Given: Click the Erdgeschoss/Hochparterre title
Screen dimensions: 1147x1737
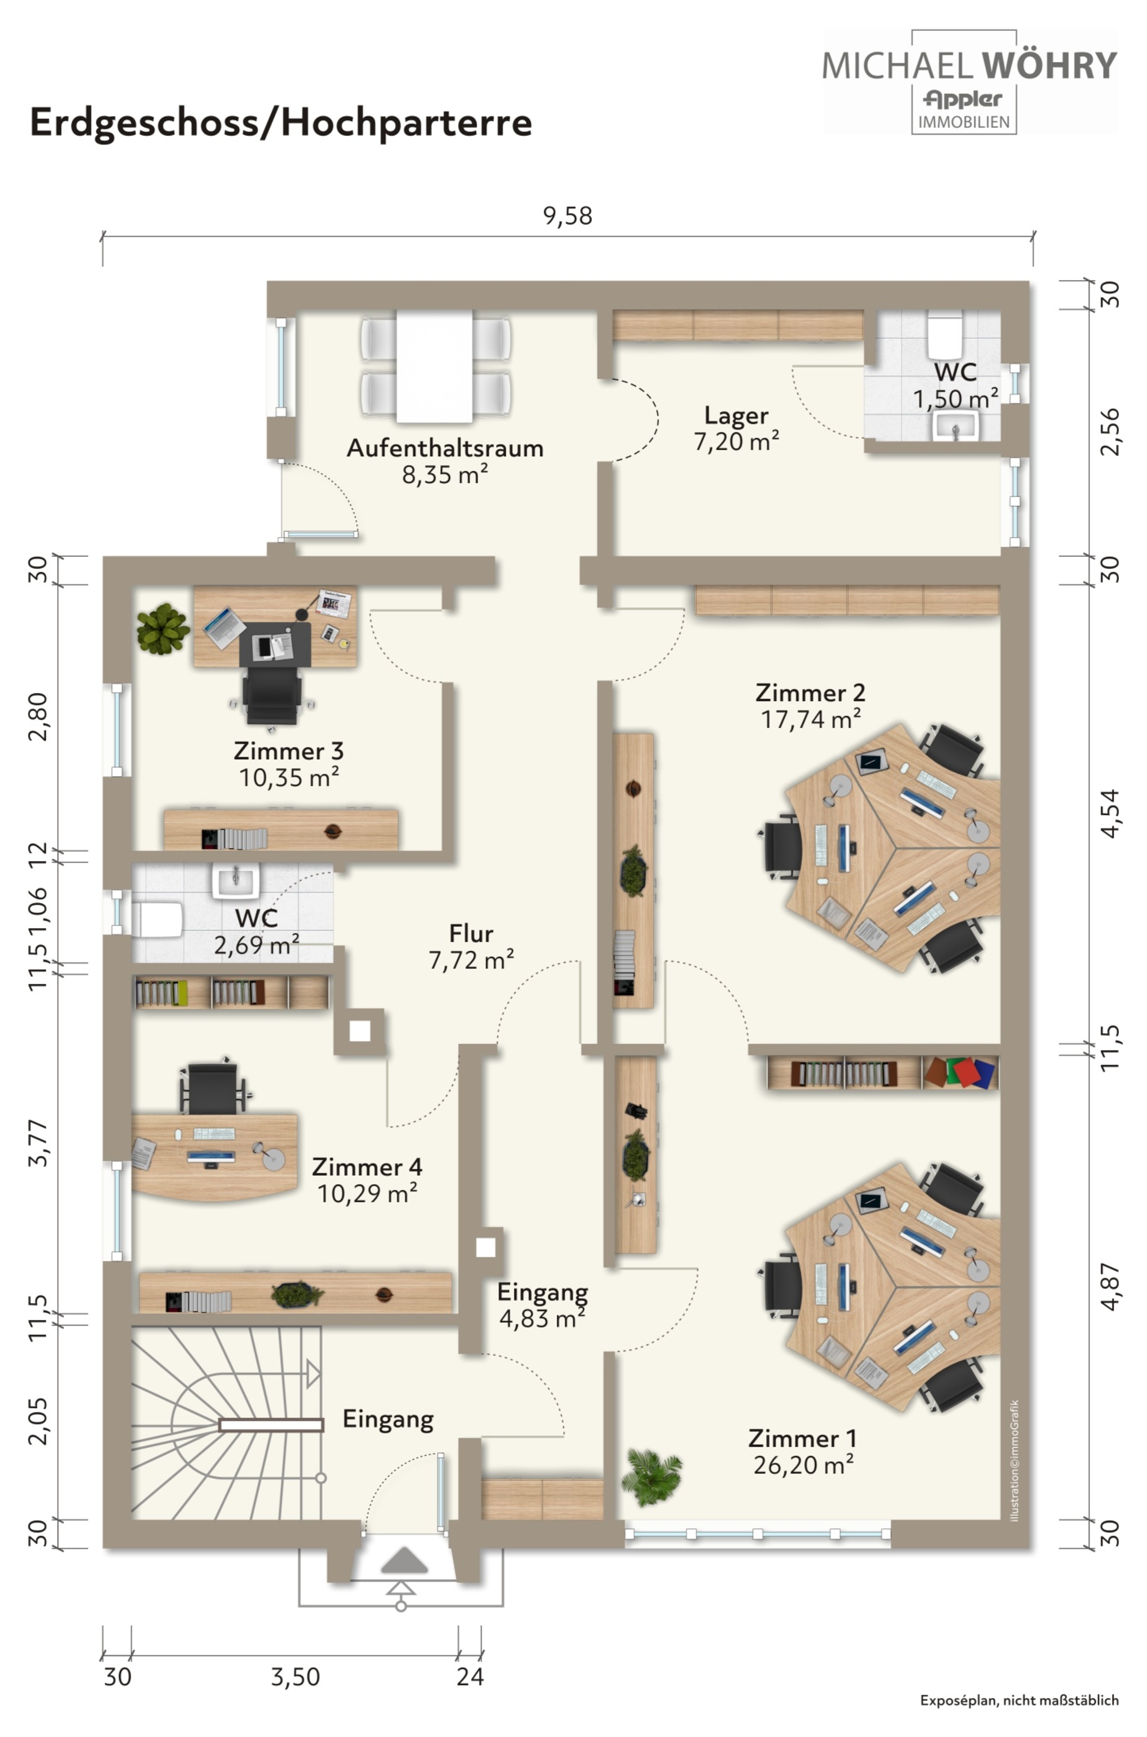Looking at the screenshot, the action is pyautogui.click(x=280, y=123).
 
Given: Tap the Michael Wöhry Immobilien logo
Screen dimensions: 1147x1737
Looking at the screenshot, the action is pyautogui.click(x=969, y=82).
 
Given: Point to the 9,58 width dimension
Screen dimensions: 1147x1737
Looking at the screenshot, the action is pyautogui.click(x=567, y=216).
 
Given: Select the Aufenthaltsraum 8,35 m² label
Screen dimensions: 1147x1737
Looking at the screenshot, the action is pyautogui.click(x=445, y=460).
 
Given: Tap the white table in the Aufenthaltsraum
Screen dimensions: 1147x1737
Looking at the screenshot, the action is pyautogui.click(x=434, y=366).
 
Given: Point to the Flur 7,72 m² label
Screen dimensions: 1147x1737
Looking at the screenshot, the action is pyautogui.click(x=471, y=946).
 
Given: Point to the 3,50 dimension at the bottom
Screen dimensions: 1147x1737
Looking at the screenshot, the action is pyautogui.click(x=296, y=1676).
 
